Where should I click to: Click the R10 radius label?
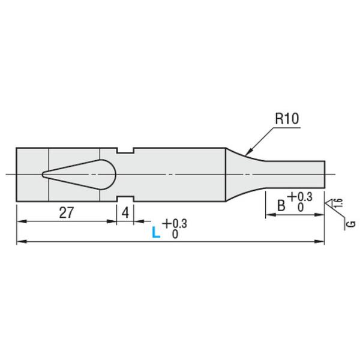[x=287, y=118]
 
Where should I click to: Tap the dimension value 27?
[x=67, y=212]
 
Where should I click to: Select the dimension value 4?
[x=125, y=212]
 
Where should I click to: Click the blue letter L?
[x=156, y=232]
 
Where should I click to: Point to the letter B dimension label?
[x=281, y=205]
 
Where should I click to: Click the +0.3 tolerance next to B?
[x=301, y=197]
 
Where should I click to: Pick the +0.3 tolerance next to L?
[x=175, y=223]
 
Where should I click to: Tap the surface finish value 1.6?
[x=339, y=203]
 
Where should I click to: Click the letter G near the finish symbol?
[x=352, y=223]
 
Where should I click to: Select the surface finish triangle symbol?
[x=330, y=203]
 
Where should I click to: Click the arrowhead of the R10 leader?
[x=247, y=152]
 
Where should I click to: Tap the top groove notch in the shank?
[x=125, y=151]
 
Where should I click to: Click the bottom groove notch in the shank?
[x=125, y=199]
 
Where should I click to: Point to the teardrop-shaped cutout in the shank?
[x=79, y=175]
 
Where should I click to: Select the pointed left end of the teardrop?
[x=43, y=175]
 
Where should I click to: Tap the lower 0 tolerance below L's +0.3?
[x=175, y=234]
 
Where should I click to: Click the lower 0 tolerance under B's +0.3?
[x=301, y=208]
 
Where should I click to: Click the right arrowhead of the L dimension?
[x=319, y=242]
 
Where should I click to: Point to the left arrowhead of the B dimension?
[x=271, y=215]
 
